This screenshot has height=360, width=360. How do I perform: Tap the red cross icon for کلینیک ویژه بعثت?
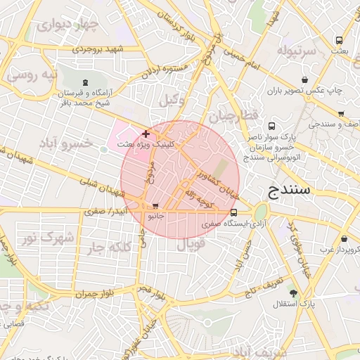tap(146, 133)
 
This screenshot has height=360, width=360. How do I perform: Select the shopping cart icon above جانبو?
tap(155, 206)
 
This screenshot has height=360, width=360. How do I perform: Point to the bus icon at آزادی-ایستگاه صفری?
tap(233, 212)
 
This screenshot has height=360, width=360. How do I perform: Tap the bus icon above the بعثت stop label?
tap(339, 40)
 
